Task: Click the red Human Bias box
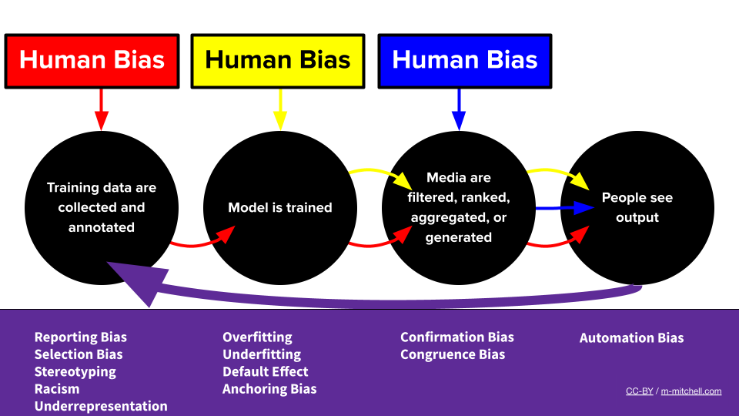click(92, 60)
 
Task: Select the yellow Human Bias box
click(278, 60)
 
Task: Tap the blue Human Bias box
click(464, 60)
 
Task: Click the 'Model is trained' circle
click(280, 207)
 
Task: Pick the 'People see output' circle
click(637, 207)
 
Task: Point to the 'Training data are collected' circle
click(102, 207)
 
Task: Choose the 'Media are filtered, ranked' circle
click(459, 207)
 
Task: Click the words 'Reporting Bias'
click(81, 337)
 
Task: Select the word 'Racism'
click(57, 389)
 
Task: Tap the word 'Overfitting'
click(257, 337)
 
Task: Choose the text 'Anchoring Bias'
click(269, 389)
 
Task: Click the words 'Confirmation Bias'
click(457, 337)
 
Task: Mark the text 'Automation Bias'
click(631, 338)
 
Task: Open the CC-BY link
click(639, 391)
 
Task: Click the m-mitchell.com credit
click(691, 391)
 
